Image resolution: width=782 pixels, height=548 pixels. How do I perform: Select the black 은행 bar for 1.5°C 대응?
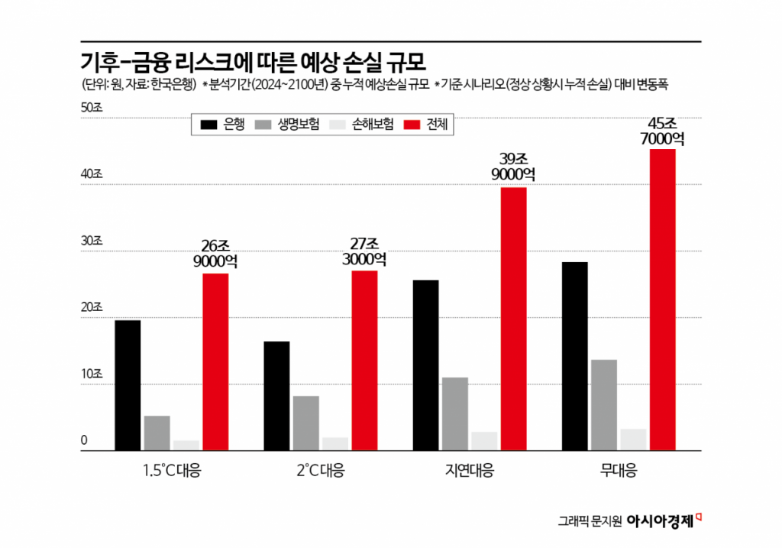pos(128,385)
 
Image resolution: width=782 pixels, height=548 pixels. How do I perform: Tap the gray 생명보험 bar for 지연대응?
pos(455,413)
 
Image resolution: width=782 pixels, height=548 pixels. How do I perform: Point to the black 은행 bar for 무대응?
pos(574,356)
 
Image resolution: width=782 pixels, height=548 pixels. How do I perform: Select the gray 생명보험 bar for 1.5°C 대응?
pos(157,433)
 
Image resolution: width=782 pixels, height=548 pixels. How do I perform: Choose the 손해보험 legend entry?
pos(362,125)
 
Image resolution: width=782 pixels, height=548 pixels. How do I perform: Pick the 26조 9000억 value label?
pos(215,254)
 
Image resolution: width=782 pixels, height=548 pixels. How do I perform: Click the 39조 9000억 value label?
pos(513,167)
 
